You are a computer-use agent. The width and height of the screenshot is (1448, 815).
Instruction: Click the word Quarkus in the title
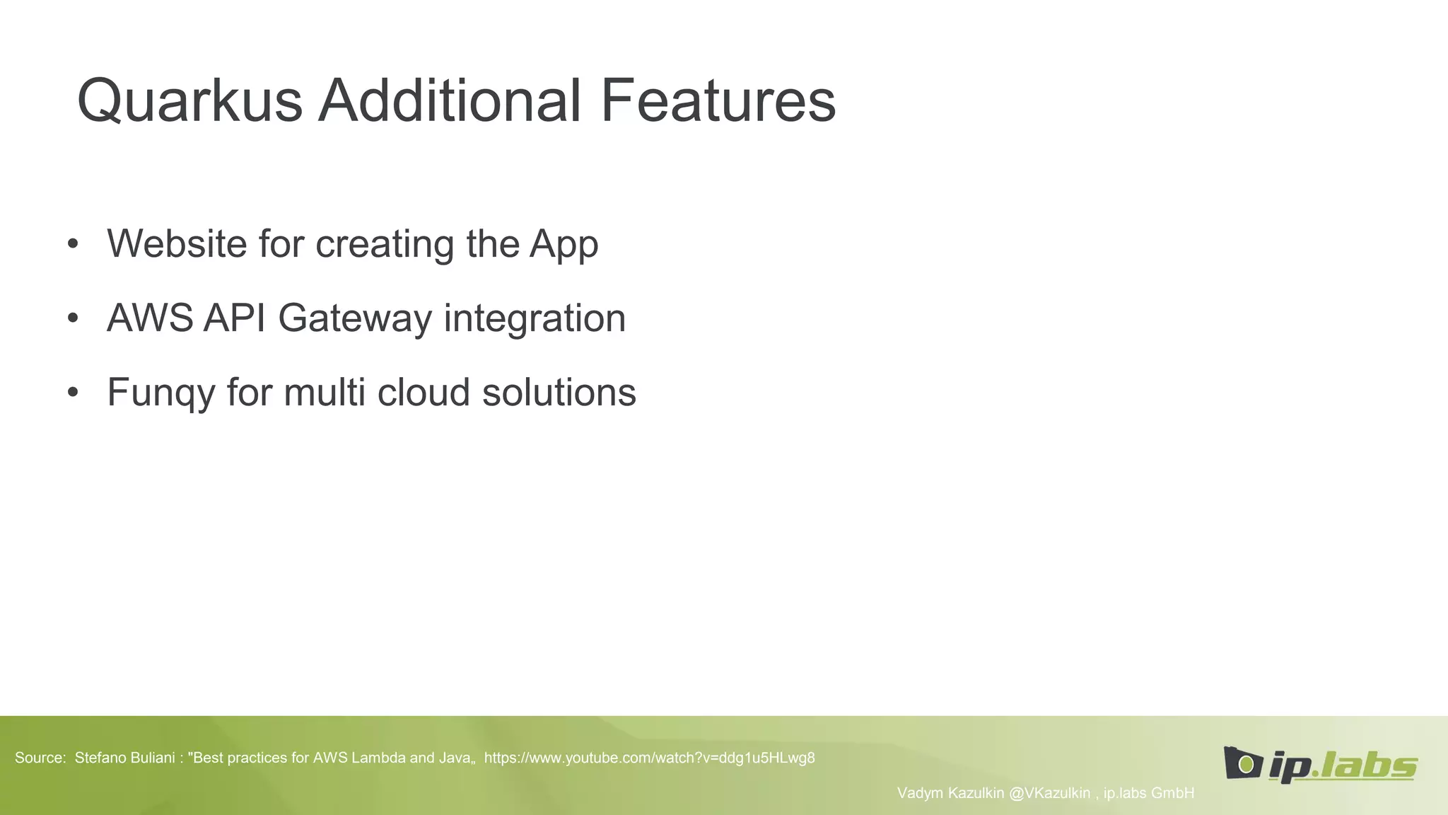189,100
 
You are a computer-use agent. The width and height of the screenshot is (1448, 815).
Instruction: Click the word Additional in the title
450,100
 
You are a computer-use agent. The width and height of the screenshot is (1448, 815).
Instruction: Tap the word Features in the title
718,100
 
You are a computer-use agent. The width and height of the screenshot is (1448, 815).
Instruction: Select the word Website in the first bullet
177,244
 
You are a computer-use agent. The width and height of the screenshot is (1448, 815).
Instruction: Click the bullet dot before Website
73,245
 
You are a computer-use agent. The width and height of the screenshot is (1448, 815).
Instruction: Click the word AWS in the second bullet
149,318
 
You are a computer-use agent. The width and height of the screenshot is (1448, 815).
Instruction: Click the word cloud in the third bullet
423,393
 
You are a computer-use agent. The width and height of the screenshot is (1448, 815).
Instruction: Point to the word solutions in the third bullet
559,393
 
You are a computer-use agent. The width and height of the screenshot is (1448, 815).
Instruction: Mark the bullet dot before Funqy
73,393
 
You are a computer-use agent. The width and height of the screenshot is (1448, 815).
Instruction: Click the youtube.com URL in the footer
649,758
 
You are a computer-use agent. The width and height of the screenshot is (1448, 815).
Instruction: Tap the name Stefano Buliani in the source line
124,758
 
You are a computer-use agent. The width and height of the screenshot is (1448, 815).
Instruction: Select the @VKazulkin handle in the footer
1049,793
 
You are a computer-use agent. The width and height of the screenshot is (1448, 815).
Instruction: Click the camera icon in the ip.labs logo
1242,763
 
